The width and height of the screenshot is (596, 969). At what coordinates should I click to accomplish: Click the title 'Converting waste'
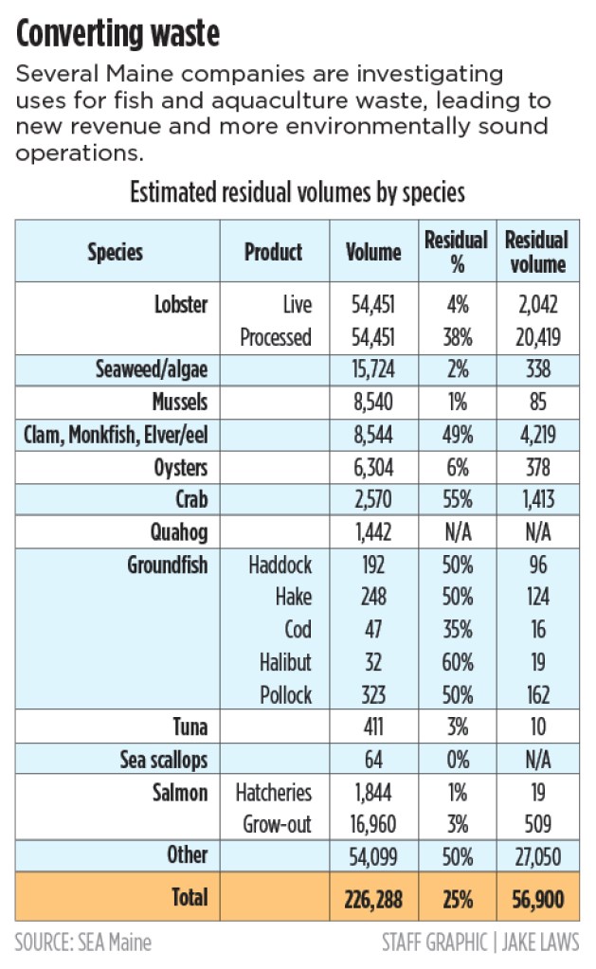118,35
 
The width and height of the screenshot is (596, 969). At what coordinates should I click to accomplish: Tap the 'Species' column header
116,251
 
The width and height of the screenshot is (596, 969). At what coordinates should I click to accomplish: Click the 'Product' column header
273,251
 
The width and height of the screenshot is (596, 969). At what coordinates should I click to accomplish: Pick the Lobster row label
181,305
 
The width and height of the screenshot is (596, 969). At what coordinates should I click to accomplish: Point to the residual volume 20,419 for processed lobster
536,337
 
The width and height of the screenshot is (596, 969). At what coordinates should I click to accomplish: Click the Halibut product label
285,661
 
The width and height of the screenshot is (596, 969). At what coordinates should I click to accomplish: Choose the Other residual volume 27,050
536,857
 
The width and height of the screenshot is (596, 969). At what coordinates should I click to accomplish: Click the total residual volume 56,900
536,895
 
